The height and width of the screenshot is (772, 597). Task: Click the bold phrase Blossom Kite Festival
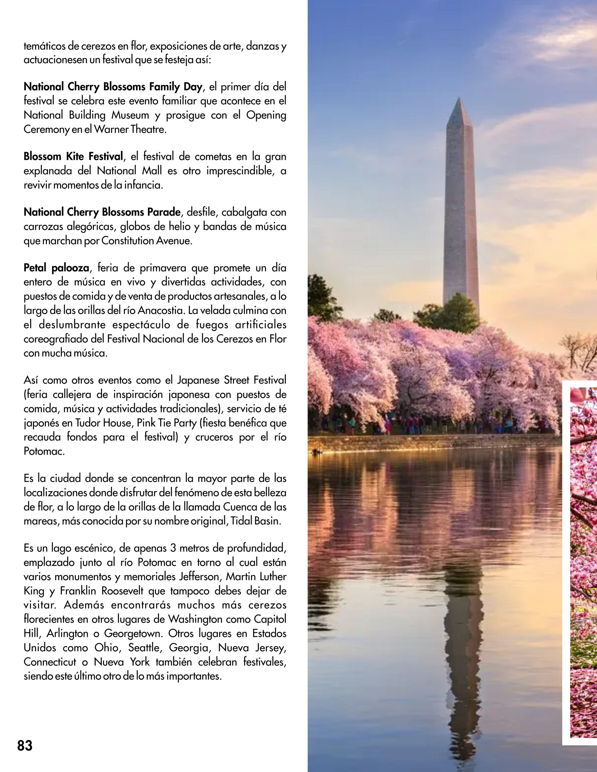click(x=73, y=156)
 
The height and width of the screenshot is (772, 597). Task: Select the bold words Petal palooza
click(x=56, y=268)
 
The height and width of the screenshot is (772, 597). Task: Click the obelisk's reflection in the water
click(x=461, y=618)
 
